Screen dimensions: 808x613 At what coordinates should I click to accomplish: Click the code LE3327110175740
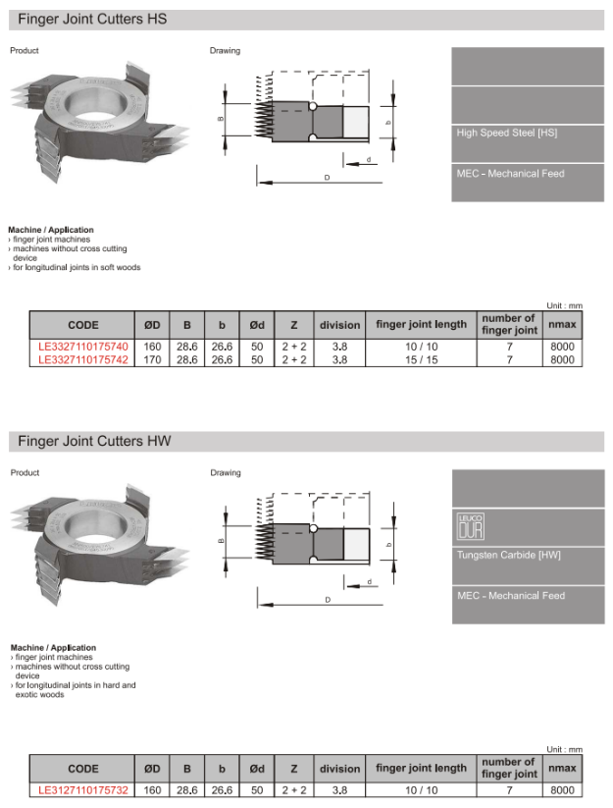(82, 347)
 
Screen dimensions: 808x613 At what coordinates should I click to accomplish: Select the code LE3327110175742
(82, 359)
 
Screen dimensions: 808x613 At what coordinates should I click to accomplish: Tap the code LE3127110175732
(82, 788)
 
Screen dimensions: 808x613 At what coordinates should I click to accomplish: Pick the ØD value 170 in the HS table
(152, 359)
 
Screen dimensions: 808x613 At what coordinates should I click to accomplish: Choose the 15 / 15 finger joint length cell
(421, 359)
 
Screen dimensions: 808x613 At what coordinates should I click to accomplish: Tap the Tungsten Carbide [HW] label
(508, 555)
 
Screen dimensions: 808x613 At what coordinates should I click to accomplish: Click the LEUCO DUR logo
(471, 526)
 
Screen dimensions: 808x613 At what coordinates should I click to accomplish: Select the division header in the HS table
(339, 325)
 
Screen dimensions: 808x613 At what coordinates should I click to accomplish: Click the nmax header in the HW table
(562, 768)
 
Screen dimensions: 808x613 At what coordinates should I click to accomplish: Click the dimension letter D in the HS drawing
(327, 178)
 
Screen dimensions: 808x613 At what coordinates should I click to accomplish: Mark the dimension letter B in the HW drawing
(221, 541)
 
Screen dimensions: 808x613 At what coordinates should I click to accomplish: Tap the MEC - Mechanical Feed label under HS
(510, 174)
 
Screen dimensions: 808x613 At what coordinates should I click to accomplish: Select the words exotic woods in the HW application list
(40, 694)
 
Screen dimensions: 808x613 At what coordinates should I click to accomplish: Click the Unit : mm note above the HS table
(564, 305)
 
